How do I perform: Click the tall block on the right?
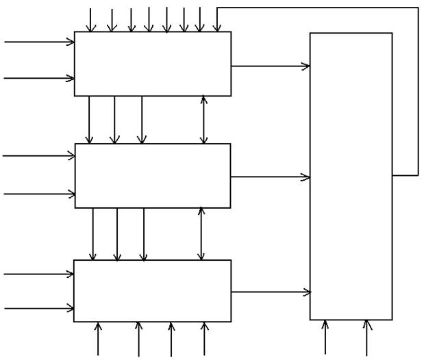coord(351,176)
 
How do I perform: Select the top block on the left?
coord(152,64)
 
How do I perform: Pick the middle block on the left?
coord(152,175)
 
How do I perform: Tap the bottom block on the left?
coord(152,290)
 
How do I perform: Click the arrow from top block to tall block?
coord(271,66)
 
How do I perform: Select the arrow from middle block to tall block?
coord(271,177)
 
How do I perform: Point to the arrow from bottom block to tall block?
coord(271,292)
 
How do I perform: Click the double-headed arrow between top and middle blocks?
coord(203,120)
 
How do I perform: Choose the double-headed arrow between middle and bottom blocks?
coord(201,233)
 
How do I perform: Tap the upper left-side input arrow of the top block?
coord(39,42)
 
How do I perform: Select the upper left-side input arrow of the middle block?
coord(39,155)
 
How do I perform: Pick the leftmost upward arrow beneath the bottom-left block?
coord(99,339)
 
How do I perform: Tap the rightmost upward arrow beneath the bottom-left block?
coord(204,339)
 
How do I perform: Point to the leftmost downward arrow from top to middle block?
coord(89,120)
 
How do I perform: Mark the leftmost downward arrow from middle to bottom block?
coord(93,233)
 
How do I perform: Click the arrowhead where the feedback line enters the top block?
coord(217,27)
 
